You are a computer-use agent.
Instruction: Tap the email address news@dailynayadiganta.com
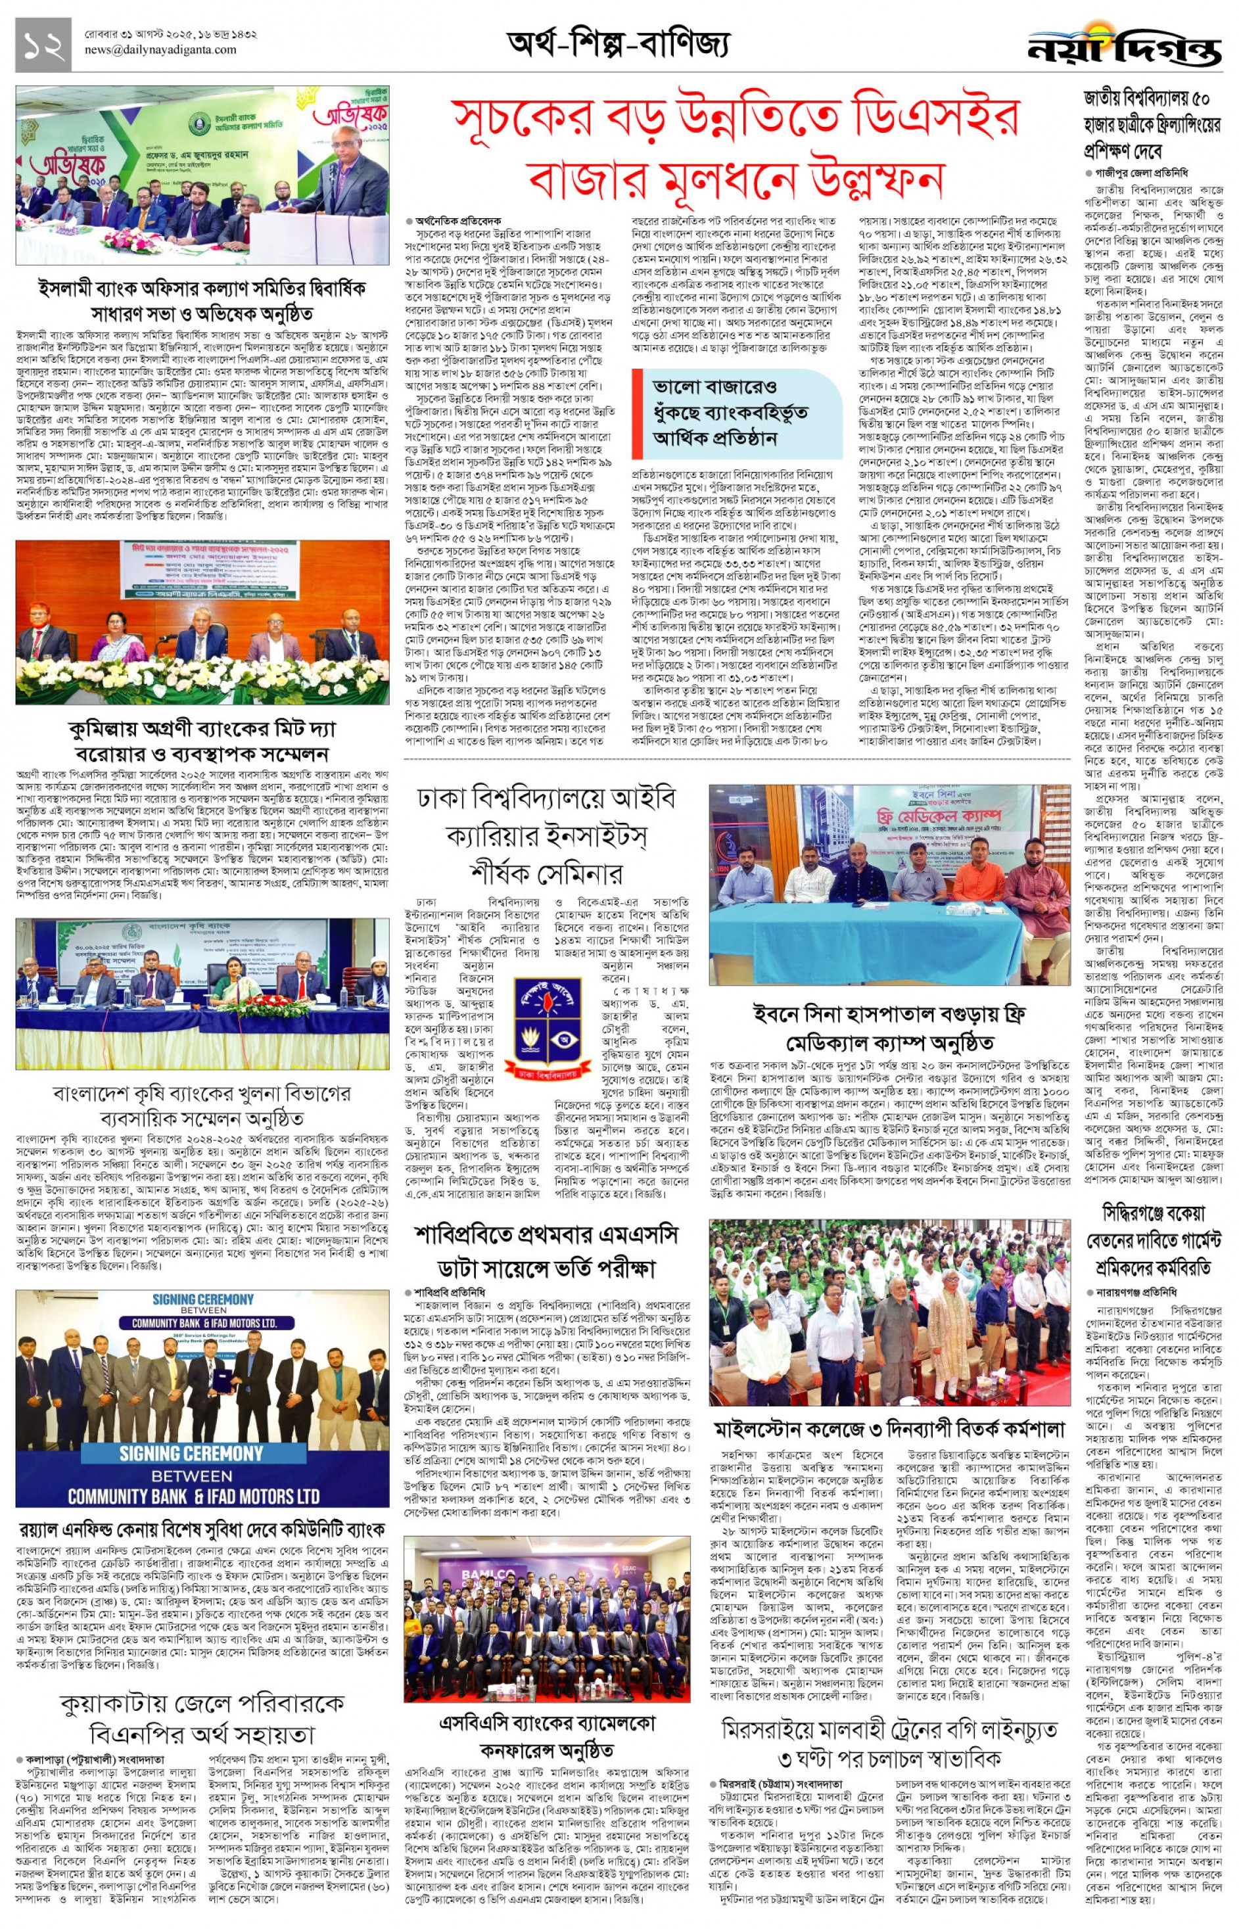[x=160, y=50]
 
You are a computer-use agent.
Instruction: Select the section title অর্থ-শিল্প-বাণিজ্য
[x=618, y=44]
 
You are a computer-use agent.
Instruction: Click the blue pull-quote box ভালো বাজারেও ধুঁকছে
[x=736, y=413]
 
